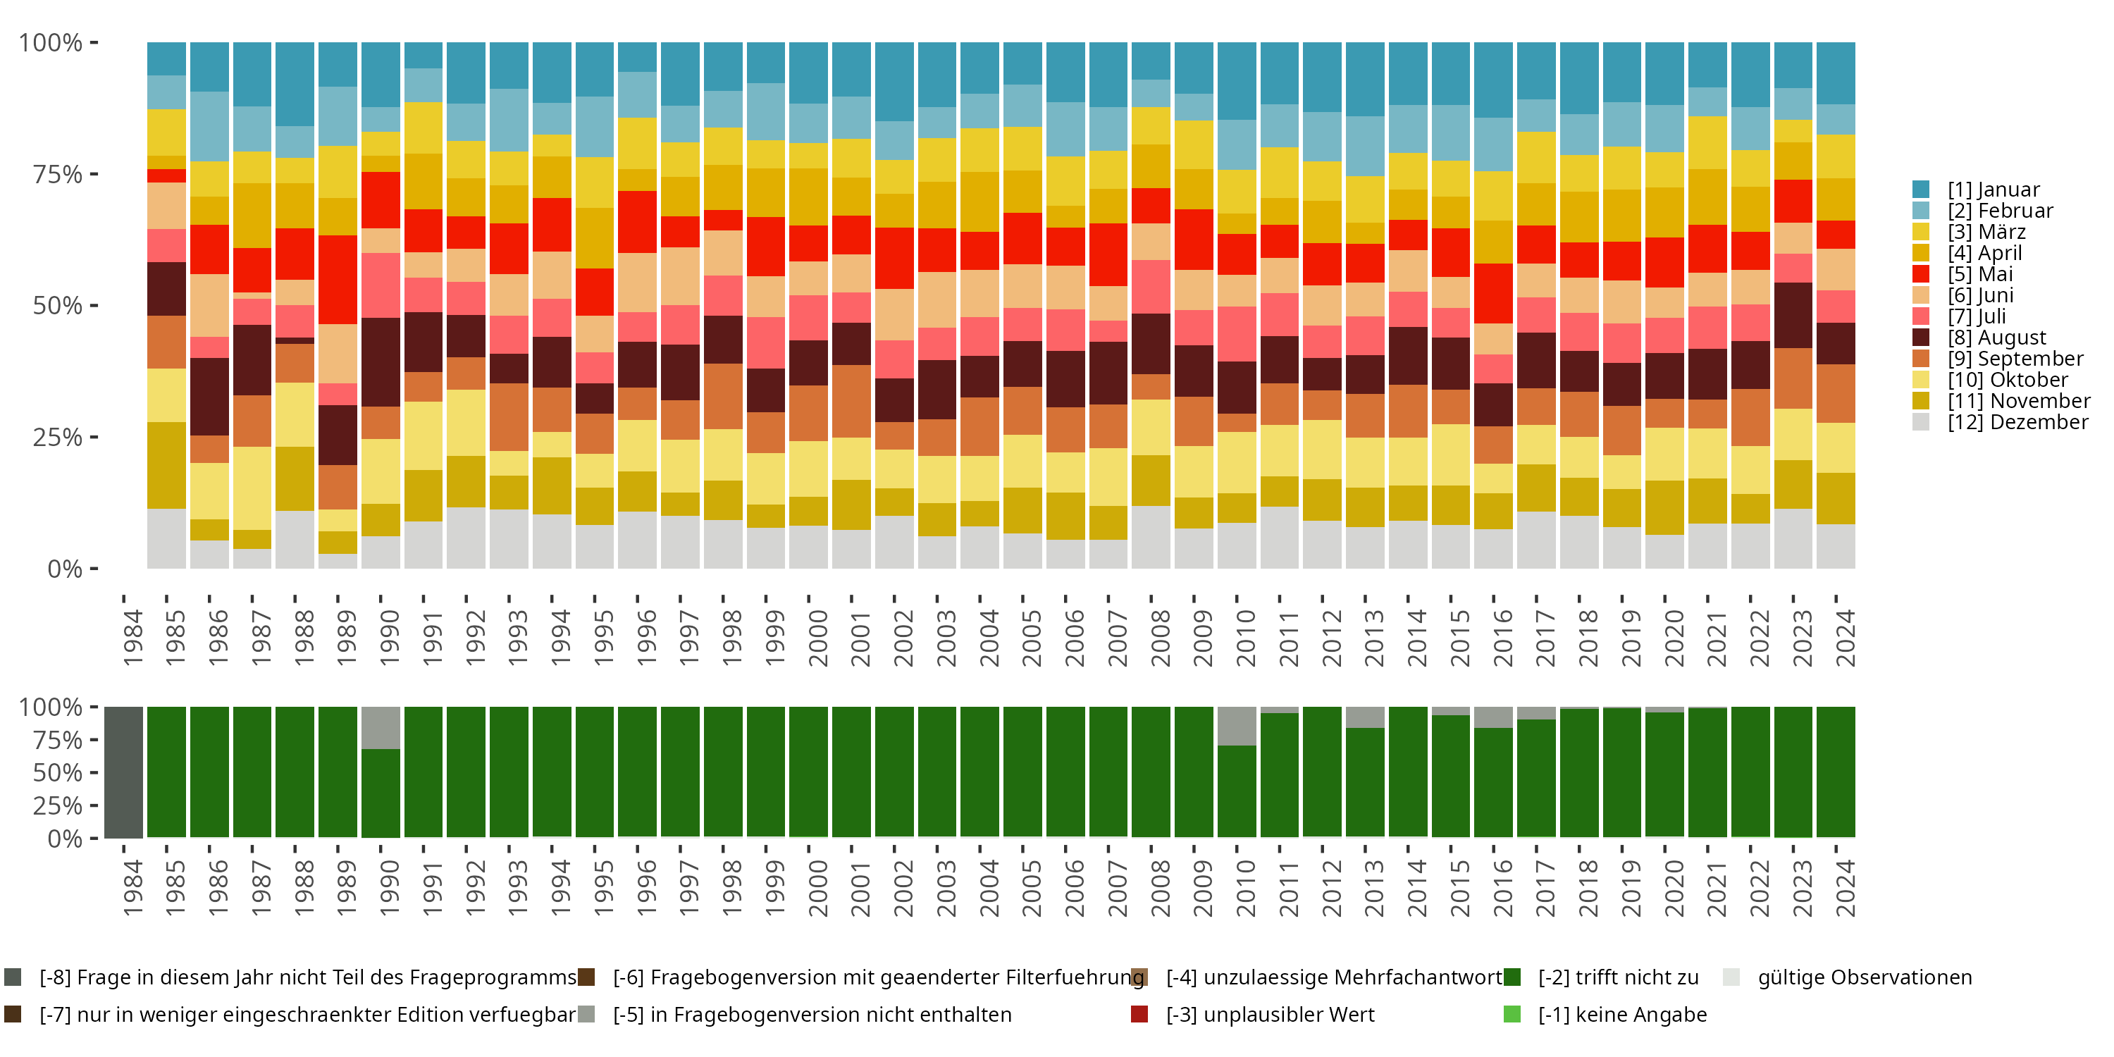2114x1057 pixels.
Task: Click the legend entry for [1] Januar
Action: (x=1993, y=190)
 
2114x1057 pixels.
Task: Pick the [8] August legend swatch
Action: (x=1921, y=338)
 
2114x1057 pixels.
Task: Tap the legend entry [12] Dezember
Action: (x=2017, y=422)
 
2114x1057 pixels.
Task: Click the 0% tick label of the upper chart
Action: (x=64, y=569)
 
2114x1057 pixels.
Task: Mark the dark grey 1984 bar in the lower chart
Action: (x=124, y=772)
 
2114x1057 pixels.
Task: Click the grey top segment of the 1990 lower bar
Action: (x=381, y=728)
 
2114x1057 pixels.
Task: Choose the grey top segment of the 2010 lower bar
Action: (x=1237, y=727)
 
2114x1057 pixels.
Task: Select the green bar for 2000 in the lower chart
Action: (x=809, y=772)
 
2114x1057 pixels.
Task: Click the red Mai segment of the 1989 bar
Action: (x=338, y=280)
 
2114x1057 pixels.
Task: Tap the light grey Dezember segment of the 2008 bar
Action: (x=1151, y=537)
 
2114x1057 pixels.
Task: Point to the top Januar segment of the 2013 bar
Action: (x=1366, y=79)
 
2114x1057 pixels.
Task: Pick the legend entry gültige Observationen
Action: (x=1863, y=977)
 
